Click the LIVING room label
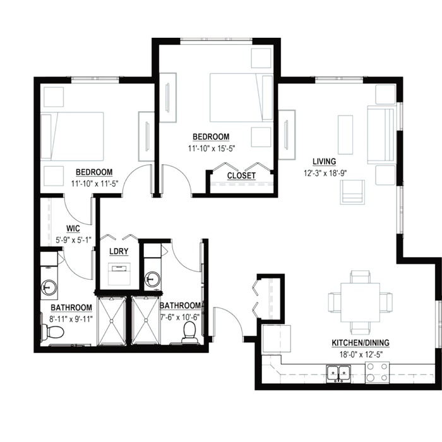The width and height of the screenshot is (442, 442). point(325,162)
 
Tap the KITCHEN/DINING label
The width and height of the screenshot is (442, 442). point(361,343)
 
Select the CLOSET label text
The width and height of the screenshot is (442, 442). point(241,176)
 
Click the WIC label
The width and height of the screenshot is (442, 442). point(73,229)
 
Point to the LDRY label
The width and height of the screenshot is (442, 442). point(119,251)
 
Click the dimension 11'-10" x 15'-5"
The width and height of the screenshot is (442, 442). point(212,148)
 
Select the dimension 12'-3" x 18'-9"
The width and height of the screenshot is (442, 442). point(325,173)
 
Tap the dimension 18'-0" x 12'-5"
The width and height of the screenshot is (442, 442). point(361,354)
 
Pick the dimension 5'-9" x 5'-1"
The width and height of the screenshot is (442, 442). point(74,240)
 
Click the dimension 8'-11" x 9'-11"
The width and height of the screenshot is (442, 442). point(71,319)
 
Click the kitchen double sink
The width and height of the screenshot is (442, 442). point(338,374)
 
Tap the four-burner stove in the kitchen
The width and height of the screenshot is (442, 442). point(377,373)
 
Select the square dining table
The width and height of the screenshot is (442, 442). point(361,302)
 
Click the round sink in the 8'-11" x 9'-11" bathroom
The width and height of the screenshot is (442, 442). point(49,287)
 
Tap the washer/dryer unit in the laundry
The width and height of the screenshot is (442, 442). point(119,274)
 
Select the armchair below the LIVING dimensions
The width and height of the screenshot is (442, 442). point(352,192)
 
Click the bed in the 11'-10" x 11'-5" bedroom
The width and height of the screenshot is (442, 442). point(72,136)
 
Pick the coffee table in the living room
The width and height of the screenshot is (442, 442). point(345,134)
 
